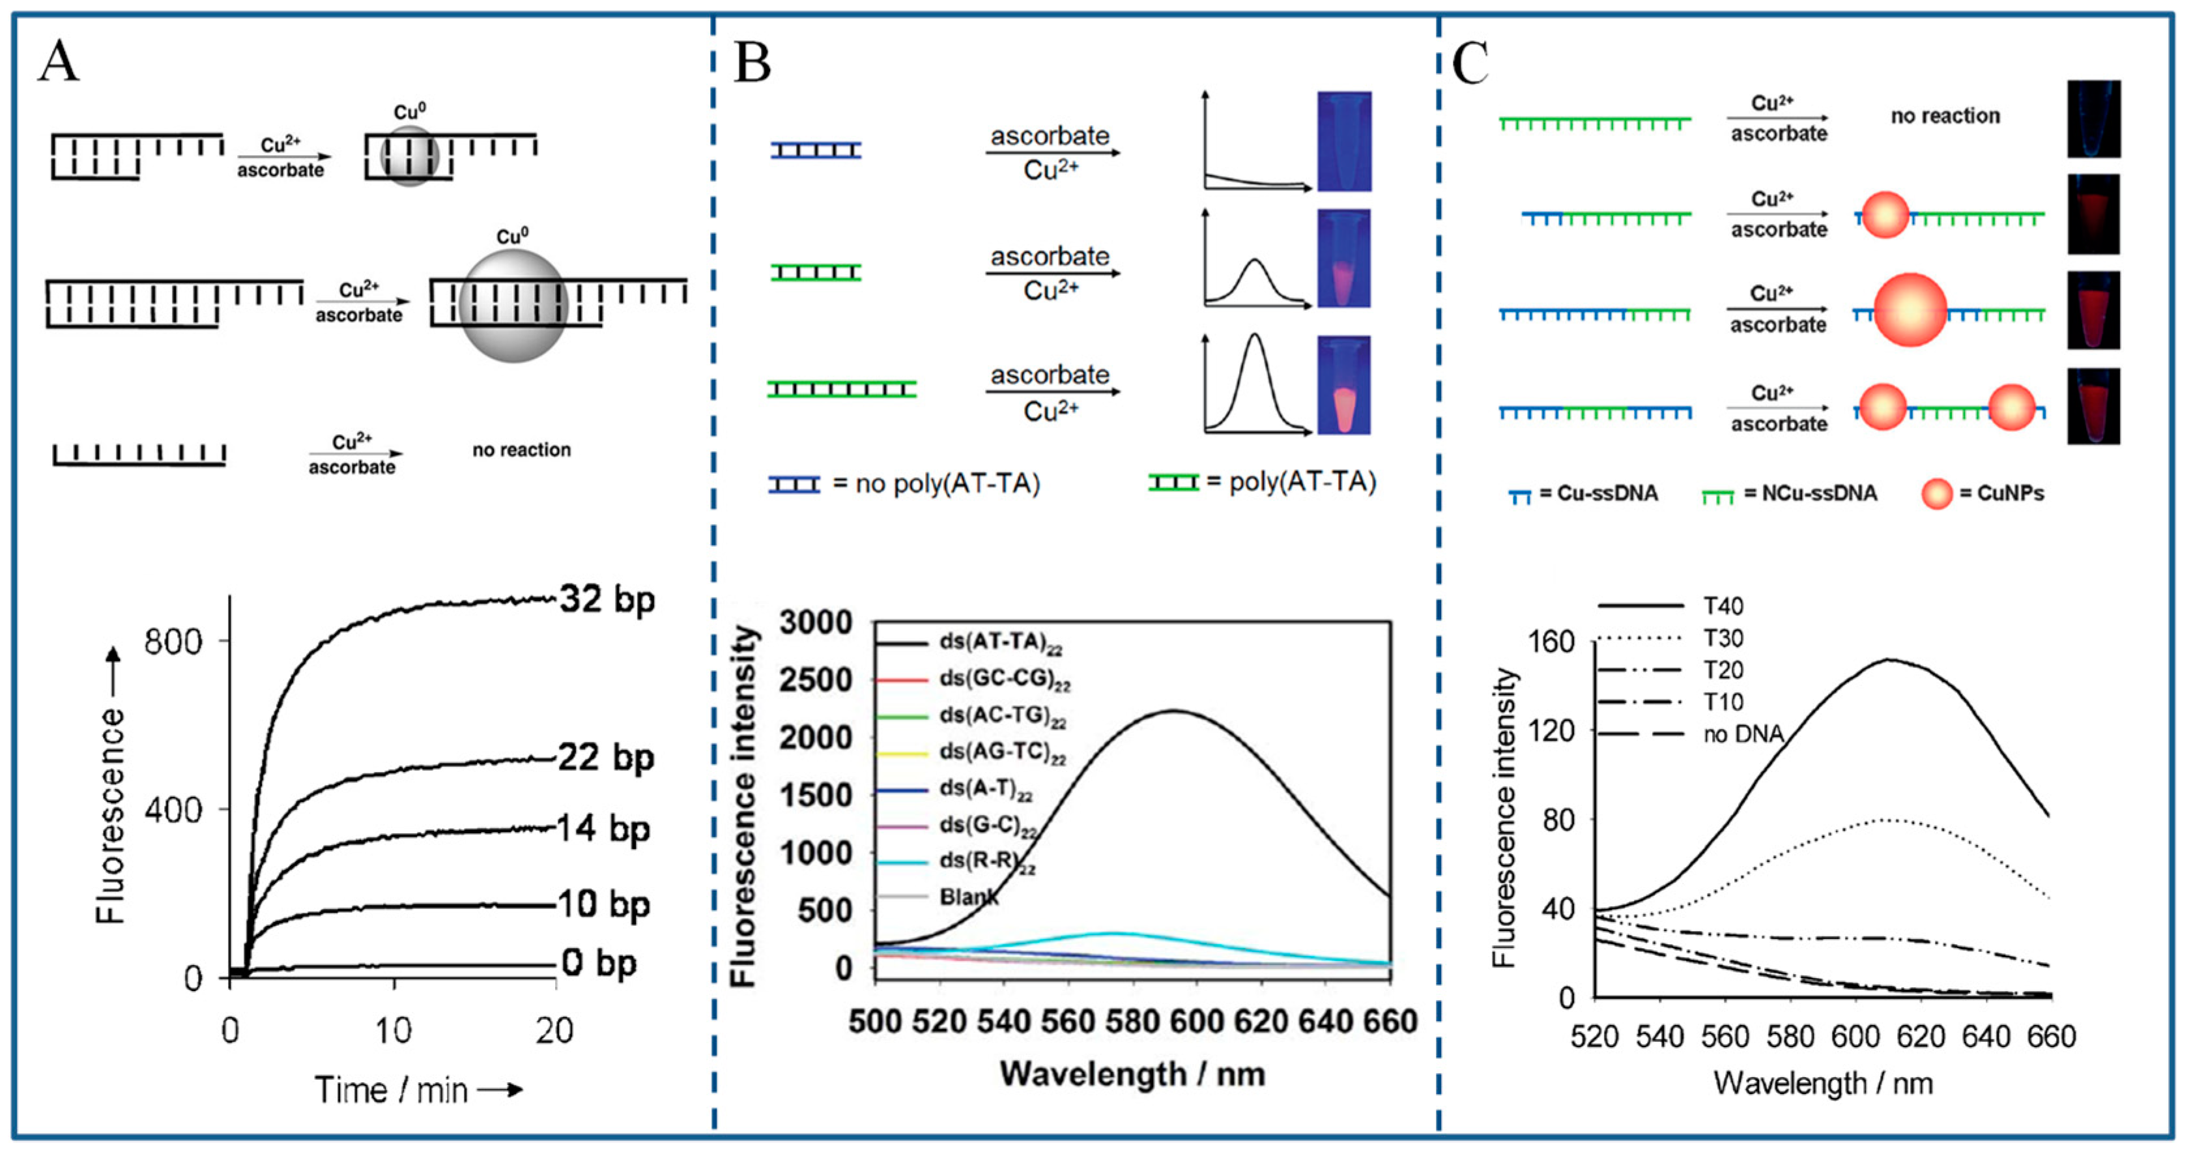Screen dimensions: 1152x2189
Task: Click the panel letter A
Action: coord(58,61)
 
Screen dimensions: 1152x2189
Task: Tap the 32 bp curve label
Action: coord(607,599)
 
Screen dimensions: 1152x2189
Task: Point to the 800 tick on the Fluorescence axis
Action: coord(173,641)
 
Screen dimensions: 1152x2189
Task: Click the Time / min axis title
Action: coord(391,1089)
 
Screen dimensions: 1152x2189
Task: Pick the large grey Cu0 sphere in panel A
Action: coord(513,306)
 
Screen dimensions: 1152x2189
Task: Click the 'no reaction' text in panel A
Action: coord(522,450)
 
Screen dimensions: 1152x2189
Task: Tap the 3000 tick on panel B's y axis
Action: coord(816,622)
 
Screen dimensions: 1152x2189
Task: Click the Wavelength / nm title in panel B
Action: coord(1132,1074)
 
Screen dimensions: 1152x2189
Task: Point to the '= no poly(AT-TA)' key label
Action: coord(936,483)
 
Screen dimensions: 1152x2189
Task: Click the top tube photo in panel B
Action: coord(1343,141)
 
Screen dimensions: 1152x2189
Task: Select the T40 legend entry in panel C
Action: coord(1723,606)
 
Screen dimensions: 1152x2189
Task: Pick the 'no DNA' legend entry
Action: coord(1743,734)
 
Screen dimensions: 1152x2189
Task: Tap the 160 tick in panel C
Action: coord(1552,642)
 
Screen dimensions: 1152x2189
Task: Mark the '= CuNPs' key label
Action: coord(2001,493)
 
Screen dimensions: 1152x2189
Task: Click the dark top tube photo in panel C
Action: coord(2093,119)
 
